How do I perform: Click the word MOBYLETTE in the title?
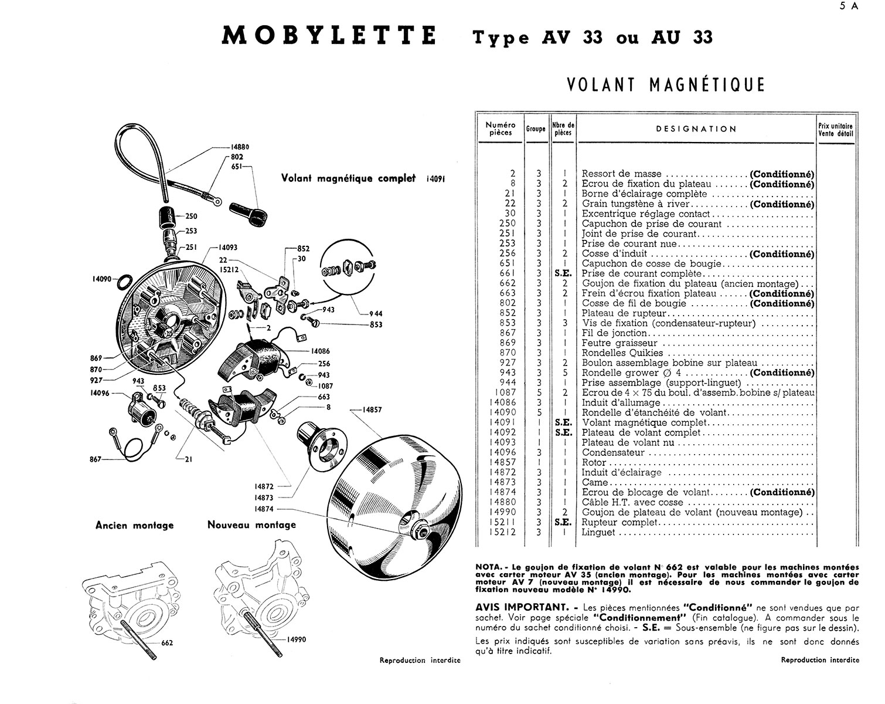click(x=330, y=36)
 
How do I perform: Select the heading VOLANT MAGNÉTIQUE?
click(x=666, y=84)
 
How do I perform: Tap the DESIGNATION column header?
click(x=696, y=129)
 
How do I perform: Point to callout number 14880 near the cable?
click(x=239, y=148)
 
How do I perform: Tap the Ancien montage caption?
click(x=134, y=525)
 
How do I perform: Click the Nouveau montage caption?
click(x=251, y=524)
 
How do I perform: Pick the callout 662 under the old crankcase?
click(x=167, y=643)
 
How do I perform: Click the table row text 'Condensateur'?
click(x=613, y=452)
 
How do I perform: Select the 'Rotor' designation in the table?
click(x=594, y=462)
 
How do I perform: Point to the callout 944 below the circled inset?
click(x=376, y=314)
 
